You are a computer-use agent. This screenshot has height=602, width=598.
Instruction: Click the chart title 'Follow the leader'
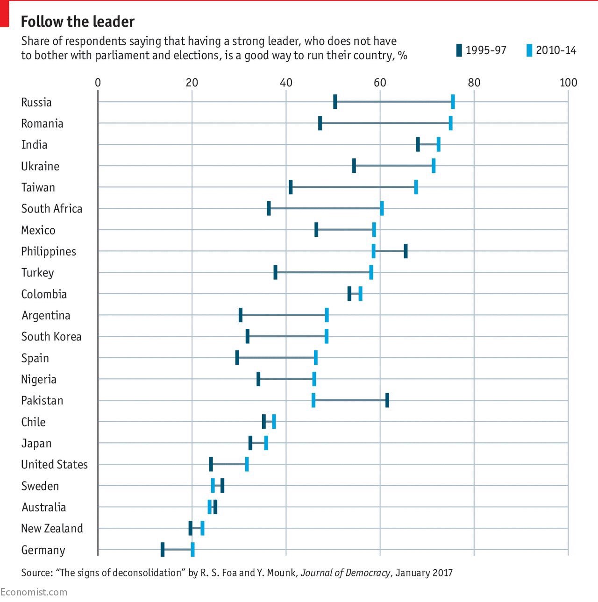pos(78,22)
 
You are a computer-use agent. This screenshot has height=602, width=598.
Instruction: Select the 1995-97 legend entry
pos(481,50)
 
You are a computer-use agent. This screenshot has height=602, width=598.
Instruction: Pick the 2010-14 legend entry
pos(551,50)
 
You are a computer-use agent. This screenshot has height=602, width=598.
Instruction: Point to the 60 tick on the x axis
pos(380,83)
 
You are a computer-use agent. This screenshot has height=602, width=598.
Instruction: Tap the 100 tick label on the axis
pos(568,83)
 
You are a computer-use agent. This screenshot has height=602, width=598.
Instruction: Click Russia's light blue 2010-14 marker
pos(453,101)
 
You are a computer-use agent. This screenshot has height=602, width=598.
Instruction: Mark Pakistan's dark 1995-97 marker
pos(387,400)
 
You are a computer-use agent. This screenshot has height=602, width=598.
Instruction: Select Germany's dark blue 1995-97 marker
pos(163,549)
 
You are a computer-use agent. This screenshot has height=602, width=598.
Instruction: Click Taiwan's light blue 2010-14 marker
pos(416,187)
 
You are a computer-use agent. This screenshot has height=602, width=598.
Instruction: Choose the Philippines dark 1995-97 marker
pos(406,251)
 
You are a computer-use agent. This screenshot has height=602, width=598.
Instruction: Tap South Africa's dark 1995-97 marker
pos(269,208)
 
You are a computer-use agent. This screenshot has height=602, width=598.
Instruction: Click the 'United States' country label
pos(54,465)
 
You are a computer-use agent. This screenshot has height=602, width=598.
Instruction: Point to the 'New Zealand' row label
pos(52,528)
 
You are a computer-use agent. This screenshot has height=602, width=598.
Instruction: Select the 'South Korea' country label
pos(51,337)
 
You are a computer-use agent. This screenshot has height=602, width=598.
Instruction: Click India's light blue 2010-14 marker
pos(438,144)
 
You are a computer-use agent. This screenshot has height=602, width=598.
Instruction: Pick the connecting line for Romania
pos(385,123)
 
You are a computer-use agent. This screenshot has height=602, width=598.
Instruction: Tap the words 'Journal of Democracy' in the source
pos(345,573)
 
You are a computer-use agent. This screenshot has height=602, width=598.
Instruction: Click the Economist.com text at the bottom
pos(34,592)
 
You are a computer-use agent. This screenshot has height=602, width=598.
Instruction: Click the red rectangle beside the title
pos(5,14)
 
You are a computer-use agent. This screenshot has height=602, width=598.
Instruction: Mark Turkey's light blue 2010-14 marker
pos(371,272)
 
